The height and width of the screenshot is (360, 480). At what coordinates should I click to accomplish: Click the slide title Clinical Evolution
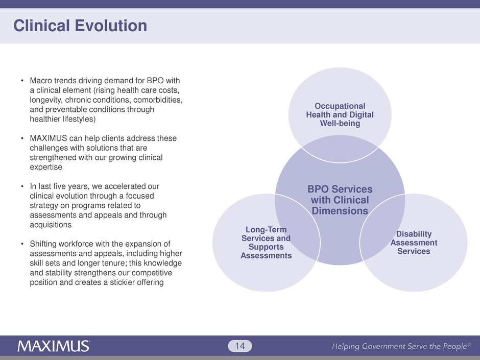point(80,26)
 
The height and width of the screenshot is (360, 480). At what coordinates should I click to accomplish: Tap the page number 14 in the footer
point(240,347)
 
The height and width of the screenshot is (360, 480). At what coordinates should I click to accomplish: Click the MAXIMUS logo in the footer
point(54,346)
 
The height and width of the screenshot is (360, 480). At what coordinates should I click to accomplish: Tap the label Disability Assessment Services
point(414,242)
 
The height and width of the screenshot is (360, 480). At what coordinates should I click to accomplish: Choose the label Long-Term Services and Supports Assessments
point(266,243)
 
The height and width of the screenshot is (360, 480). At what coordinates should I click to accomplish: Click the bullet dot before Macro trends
point(22,82)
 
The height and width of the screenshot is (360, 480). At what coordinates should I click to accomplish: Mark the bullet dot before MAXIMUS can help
point(22,139)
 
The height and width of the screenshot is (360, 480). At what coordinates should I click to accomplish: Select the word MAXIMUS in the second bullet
point(46,139)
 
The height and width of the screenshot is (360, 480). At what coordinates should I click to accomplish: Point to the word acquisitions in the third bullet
point(49,225)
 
